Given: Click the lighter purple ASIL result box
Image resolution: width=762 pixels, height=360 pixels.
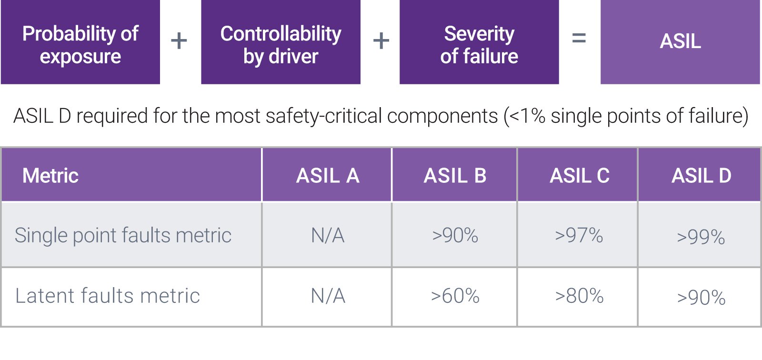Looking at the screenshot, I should pyautogui.click(x=680, y=42).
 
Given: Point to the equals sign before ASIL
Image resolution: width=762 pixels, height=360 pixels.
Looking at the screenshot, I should pyautogui.click(x=579, y=38).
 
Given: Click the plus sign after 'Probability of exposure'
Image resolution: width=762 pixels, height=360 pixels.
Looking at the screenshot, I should pyautogui.click(x=179, y=41).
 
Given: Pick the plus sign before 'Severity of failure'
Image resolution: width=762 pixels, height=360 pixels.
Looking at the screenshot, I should pyautogui.click(x=381, y=41).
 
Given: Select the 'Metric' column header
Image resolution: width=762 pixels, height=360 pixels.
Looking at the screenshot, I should pyautogui.click(x=50, y=176).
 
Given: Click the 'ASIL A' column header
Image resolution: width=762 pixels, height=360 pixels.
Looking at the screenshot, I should pyautogui.click(x=327, y=176).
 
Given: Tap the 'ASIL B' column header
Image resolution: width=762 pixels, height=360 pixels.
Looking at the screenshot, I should pyautogui.click(x=455, y=176).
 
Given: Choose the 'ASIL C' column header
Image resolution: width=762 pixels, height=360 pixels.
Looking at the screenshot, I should pyautogui.click(x=579, y=176).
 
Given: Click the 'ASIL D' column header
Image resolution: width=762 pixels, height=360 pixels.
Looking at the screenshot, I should pyautogui.click(x=701, y=176).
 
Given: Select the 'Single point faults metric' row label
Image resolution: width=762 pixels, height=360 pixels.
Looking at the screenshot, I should pyautogui.click(x=123, y=235).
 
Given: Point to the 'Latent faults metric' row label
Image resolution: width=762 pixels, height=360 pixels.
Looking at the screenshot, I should pyautogui.click(x=108, y=296).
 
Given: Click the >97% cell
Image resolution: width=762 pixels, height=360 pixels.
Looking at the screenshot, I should pyautogui.click(x=579, y=235).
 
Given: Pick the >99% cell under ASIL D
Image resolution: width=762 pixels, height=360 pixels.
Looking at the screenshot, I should pyautogui.click(x=701, y=237).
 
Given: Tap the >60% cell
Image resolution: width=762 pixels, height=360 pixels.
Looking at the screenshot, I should pyautogui.click(x=455, y=296).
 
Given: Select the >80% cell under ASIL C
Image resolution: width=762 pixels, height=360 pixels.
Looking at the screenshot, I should pyautogui.click(x=579, y=296).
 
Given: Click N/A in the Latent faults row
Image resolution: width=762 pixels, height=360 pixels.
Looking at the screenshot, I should pyautogui.click(x=328, y=296).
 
